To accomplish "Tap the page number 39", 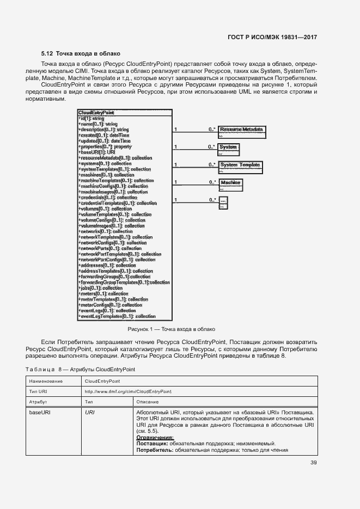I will point(313,463).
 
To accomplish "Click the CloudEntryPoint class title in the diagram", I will point(96,113).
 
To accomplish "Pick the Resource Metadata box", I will point(242,130).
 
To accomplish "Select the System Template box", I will point(240,164).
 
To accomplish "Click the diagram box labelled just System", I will point(228,147).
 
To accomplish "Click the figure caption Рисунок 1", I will point(171,329).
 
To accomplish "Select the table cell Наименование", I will point(46,382).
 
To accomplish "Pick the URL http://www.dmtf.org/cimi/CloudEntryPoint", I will point(128,391).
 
